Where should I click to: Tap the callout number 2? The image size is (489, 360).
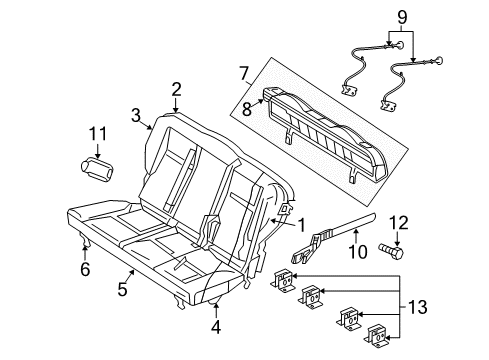pyautogui.click(x=176, y=89)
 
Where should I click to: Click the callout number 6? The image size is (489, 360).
pyautogui.click(x=86, y=269)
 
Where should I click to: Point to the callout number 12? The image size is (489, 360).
pyautogui.click(x=397, y=222)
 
